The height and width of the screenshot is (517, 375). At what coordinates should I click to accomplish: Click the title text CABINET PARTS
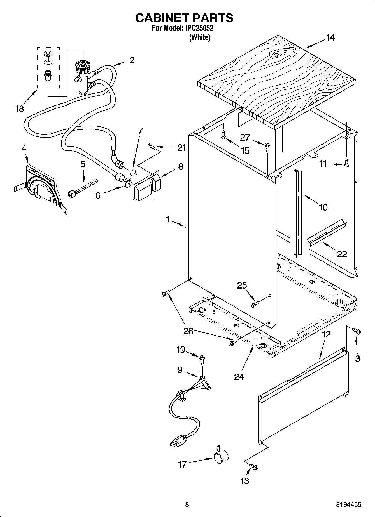pyautogui.click(x=184, y=18)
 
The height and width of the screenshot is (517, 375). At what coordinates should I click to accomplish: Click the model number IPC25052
pyautogui.click(x=199, y=28)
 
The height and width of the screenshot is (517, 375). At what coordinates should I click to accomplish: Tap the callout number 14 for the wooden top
pyautogui.click(x=330, y=38)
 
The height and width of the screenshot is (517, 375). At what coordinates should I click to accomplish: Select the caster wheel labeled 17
pyautogui.click(x=221, y=458)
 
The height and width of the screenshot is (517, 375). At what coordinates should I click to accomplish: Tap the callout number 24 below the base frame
pyautogui.click(x=239, y=377)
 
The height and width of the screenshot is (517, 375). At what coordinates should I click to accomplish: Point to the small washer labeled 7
pyautogui.click(x=133, y=172)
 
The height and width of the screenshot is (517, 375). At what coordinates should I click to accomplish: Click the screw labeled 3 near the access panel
pyautogui.click(x=357, y=332)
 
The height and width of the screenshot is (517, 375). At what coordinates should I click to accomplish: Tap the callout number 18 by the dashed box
pyautogui.click(x=19, y=108)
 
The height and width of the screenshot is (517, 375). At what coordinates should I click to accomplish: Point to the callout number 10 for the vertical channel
pyautogui.click(x=323, y=207)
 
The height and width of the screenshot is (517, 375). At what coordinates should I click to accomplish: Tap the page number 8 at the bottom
pyautogui.click(x=187, y=504)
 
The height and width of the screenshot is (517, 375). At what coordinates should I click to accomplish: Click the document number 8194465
pyautogui.click(x=348, y=504)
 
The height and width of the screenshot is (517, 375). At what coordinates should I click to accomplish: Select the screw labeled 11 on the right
pyautogui.click(x=346, y=163)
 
